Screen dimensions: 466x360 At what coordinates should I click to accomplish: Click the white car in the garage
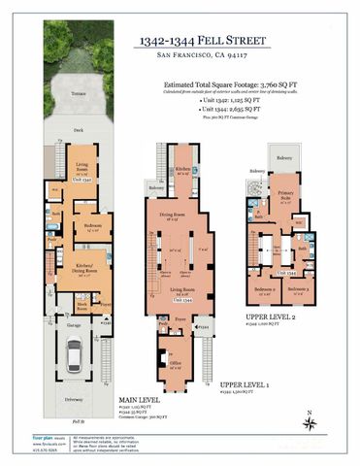pyautogui.click(x=74, y=360)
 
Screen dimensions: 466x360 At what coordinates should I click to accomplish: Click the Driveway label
pyautogui.click(x=73, y=399)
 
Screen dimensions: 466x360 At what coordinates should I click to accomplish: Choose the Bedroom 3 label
pyautogui.click(x=298, y=288)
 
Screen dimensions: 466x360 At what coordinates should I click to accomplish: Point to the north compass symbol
pyautogui.click(x=308, y=420)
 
